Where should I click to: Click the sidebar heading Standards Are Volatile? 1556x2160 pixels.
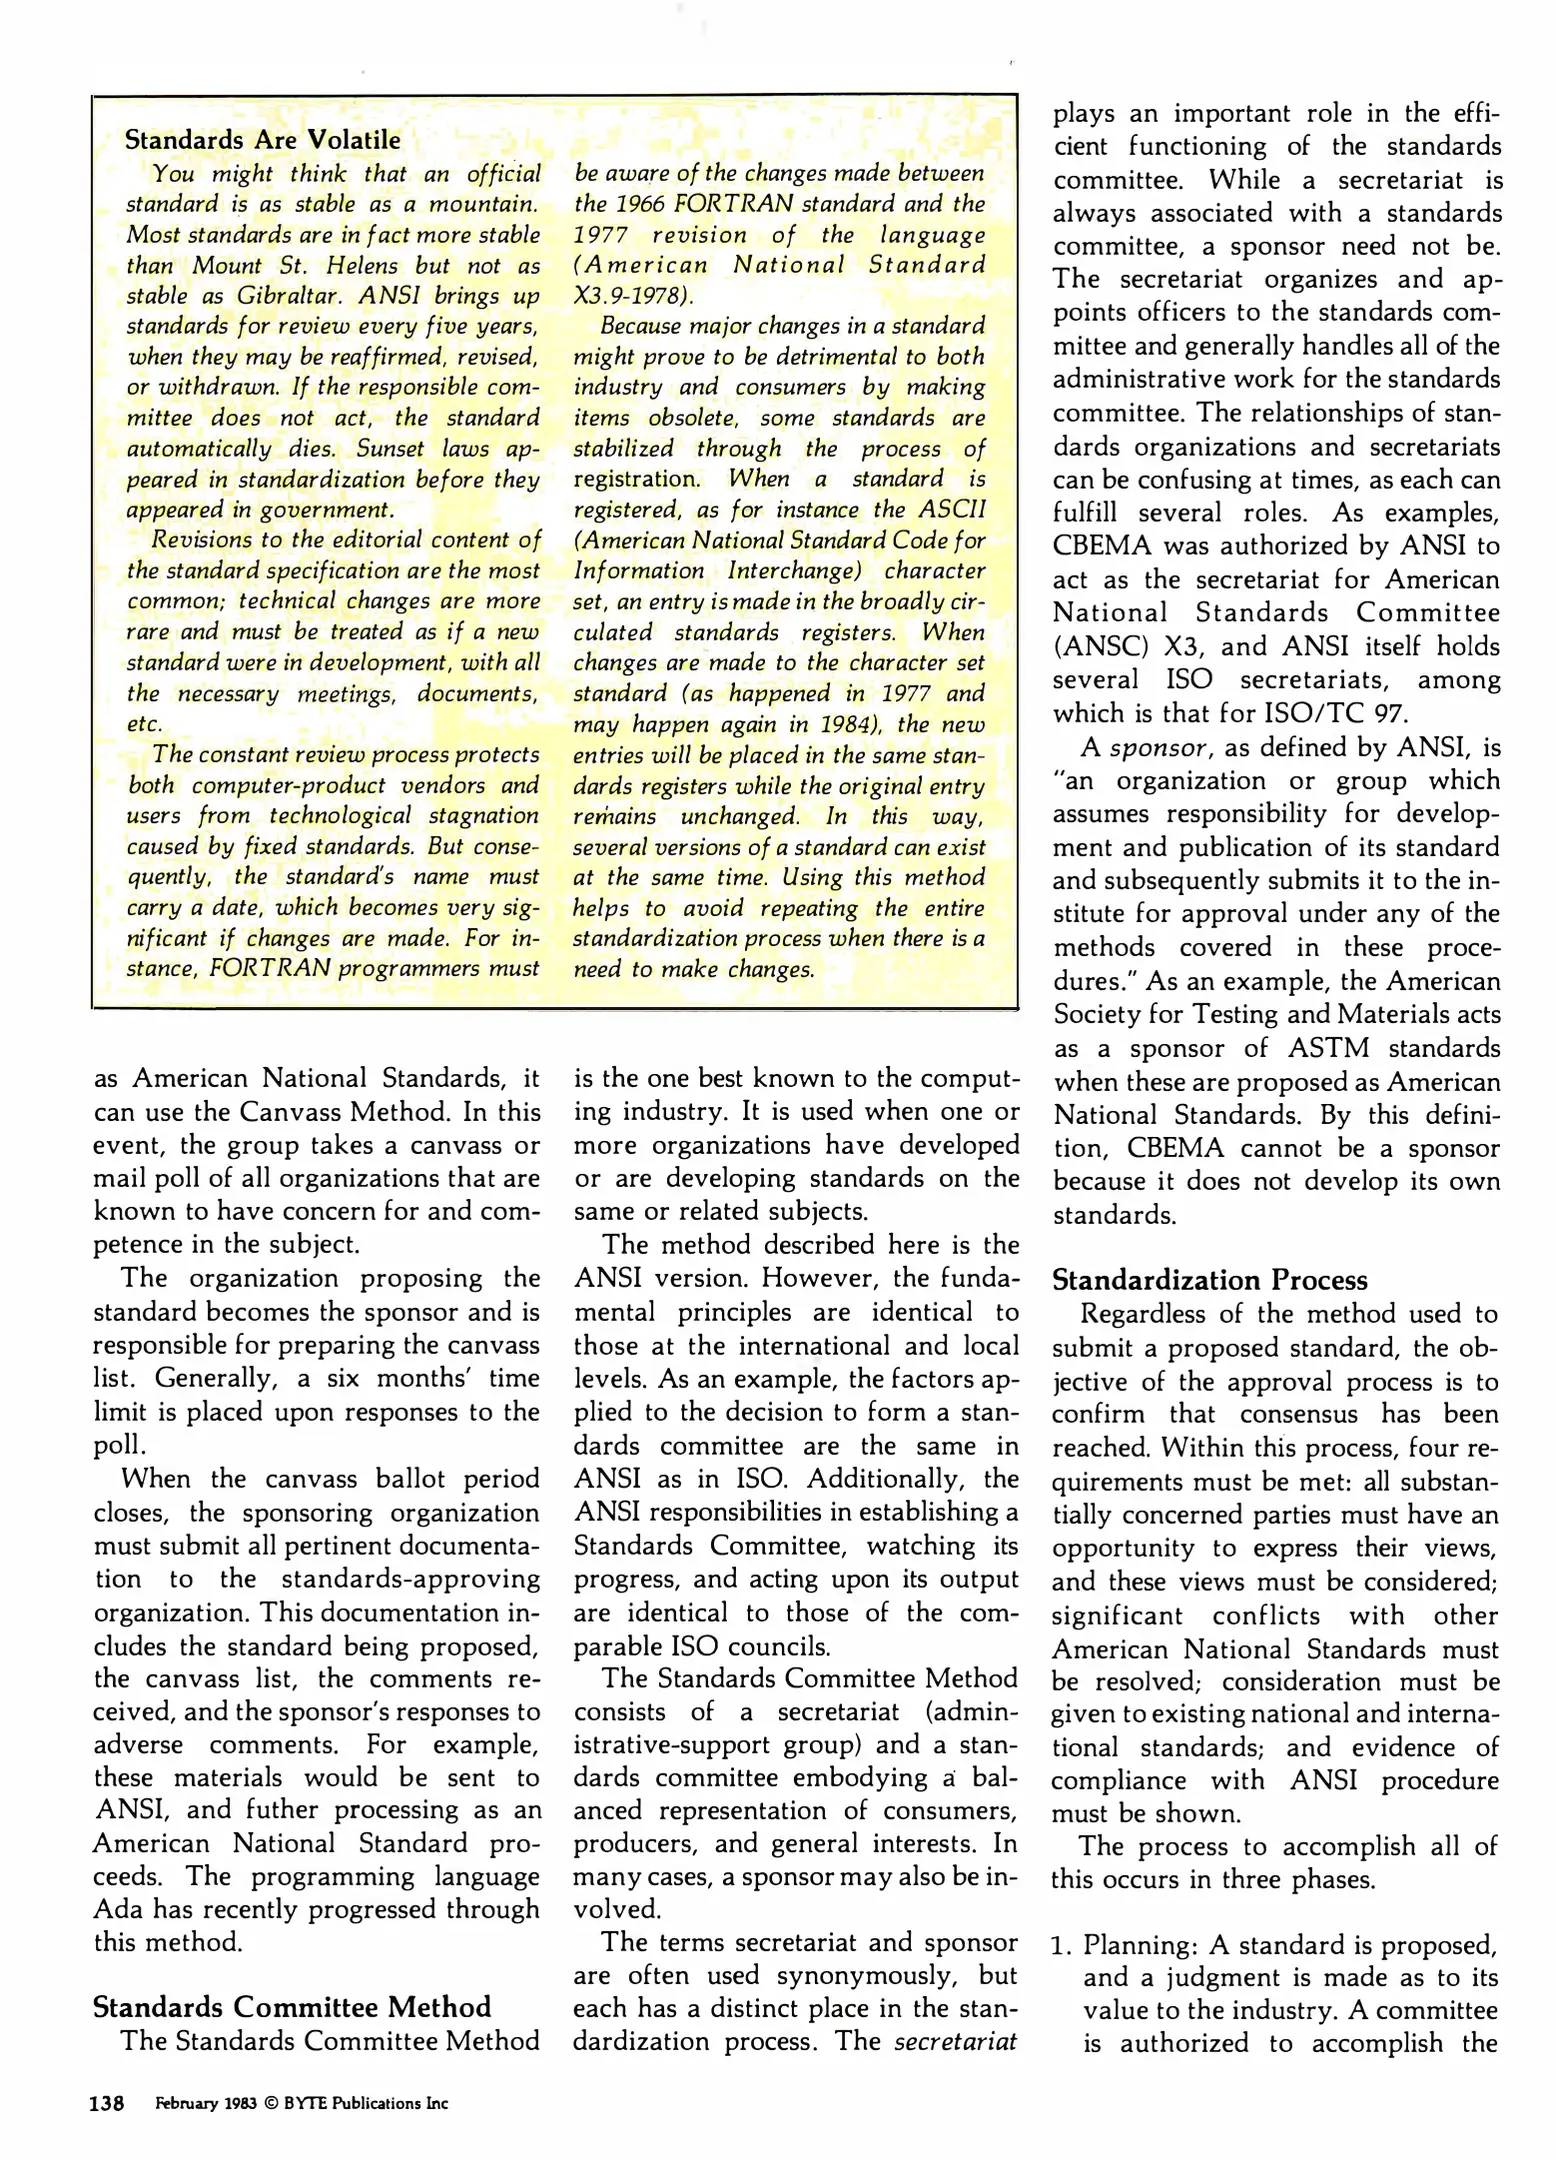[262, 140]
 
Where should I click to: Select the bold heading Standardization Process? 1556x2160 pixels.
[1209, 1280]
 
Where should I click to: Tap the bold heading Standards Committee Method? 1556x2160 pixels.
[292, 2007]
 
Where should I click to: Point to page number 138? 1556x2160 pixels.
[107, 2104]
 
